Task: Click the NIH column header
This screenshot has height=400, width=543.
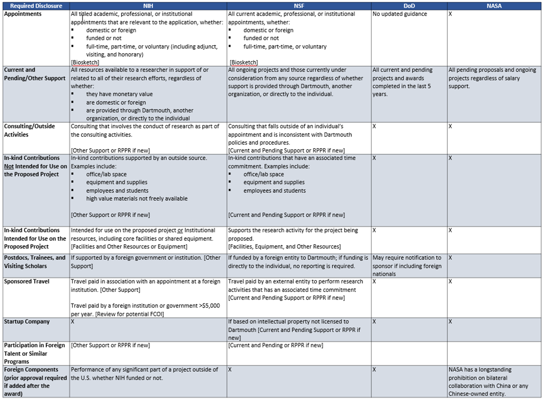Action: pos(148,6)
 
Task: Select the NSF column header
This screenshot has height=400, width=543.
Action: pos(299,6)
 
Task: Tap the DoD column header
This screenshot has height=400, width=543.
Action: pos(409,6)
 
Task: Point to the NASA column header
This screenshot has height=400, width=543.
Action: pos(495,6)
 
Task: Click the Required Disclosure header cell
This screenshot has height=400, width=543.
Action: pos(35,6)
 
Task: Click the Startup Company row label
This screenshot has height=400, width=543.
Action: pos(27,322)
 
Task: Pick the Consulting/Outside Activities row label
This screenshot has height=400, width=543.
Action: pos(30,130)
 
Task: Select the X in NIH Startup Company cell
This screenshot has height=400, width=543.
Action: pos(73,322)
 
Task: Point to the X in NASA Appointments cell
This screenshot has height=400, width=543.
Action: pos(451,14)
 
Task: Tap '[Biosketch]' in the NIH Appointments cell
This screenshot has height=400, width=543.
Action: pos(85,62)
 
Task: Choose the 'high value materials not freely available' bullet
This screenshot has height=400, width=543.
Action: pos(137,198)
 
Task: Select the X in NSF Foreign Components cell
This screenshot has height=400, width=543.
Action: pos(230,369)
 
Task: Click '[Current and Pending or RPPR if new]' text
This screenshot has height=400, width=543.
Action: pos(275,346)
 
